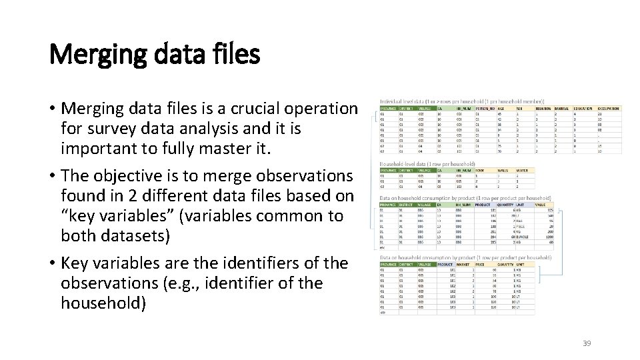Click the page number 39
[x=587, y=343]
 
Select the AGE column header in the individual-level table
[x=501, y=107]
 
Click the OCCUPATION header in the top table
[x=609, y=107]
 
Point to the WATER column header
[x=521, y=170]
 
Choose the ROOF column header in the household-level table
[x=479, y=170]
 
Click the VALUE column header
[x=541, y=205]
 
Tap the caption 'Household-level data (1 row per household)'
[x=427, y=163]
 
